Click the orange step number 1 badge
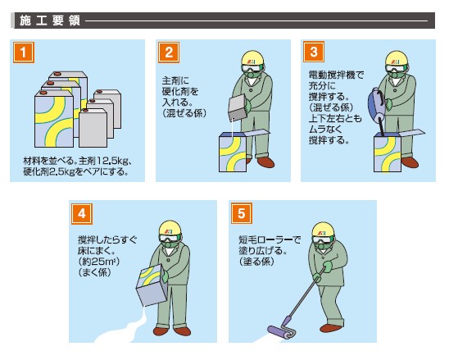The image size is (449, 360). click(24, 52)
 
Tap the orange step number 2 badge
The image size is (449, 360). click(169, 52)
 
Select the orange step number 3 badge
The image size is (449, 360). click(314, 52)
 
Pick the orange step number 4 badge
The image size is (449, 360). click(82, 214)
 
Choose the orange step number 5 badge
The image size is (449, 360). click(242, 213)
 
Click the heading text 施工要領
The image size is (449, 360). click(50, 21)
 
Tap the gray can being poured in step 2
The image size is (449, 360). click(238, 107)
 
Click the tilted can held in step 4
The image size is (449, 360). click(152, 285)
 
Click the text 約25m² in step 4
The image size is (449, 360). click(99, 262)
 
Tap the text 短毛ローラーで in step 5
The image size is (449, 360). click(270, 239)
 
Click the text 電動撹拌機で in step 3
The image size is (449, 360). click(336, 75)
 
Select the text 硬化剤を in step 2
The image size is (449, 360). click(180, 91)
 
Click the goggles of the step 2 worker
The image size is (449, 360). click(252, 67)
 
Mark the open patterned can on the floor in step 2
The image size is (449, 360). click(233, 153)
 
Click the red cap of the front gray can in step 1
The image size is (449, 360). click(85, 111)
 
